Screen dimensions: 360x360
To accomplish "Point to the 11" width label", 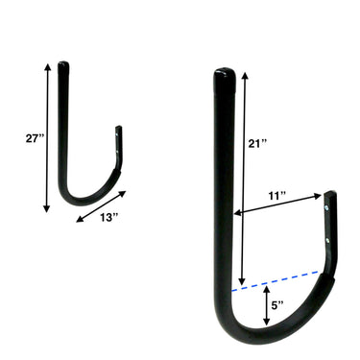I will (x=278, y=196).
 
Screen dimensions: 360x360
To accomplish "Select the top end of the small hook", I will (x=63, y=67).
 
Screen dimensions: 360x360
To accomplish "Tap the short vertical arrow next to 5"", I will (x=266, y=305).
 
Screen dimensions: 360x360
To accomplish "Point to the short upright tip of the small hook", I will (x=120, y=139).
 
